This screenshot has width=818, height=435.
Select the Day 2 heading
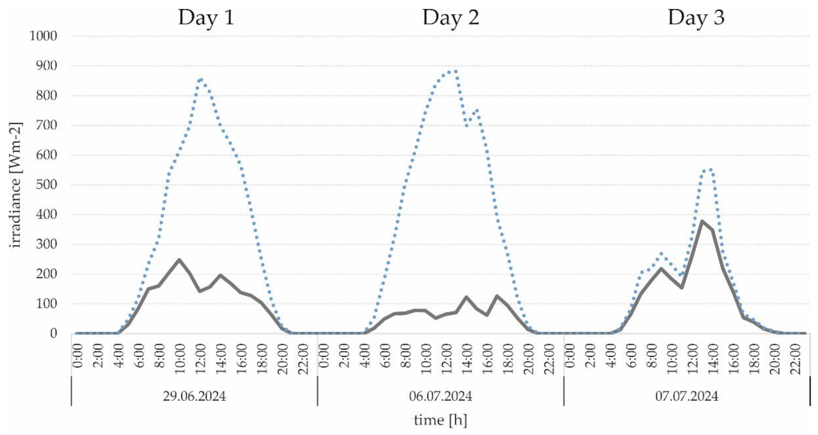451,18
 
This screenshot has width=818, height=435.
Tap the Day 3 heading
696,18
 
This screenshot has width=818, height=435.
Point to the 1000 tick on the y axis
43,36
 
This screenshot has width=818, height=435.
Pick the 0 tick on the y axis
53,333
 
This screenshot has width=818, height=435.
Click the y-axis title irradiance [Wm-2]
15,185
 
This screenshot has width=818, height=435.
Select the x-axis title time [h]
440,420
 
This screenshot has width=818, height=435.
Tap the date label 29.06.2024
194,396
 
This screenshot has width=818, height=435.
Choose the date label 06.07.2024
440,396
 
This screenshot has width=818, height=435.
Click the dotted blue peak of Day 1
201,80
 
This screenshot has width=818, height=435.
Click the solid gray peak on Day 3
702,221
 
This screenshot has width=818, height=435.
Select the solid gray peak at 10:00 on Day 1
179,260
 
